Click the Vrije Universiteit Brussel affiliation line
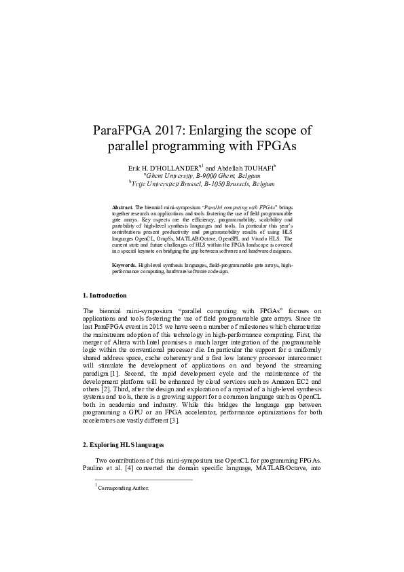[x=202, y=183]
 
